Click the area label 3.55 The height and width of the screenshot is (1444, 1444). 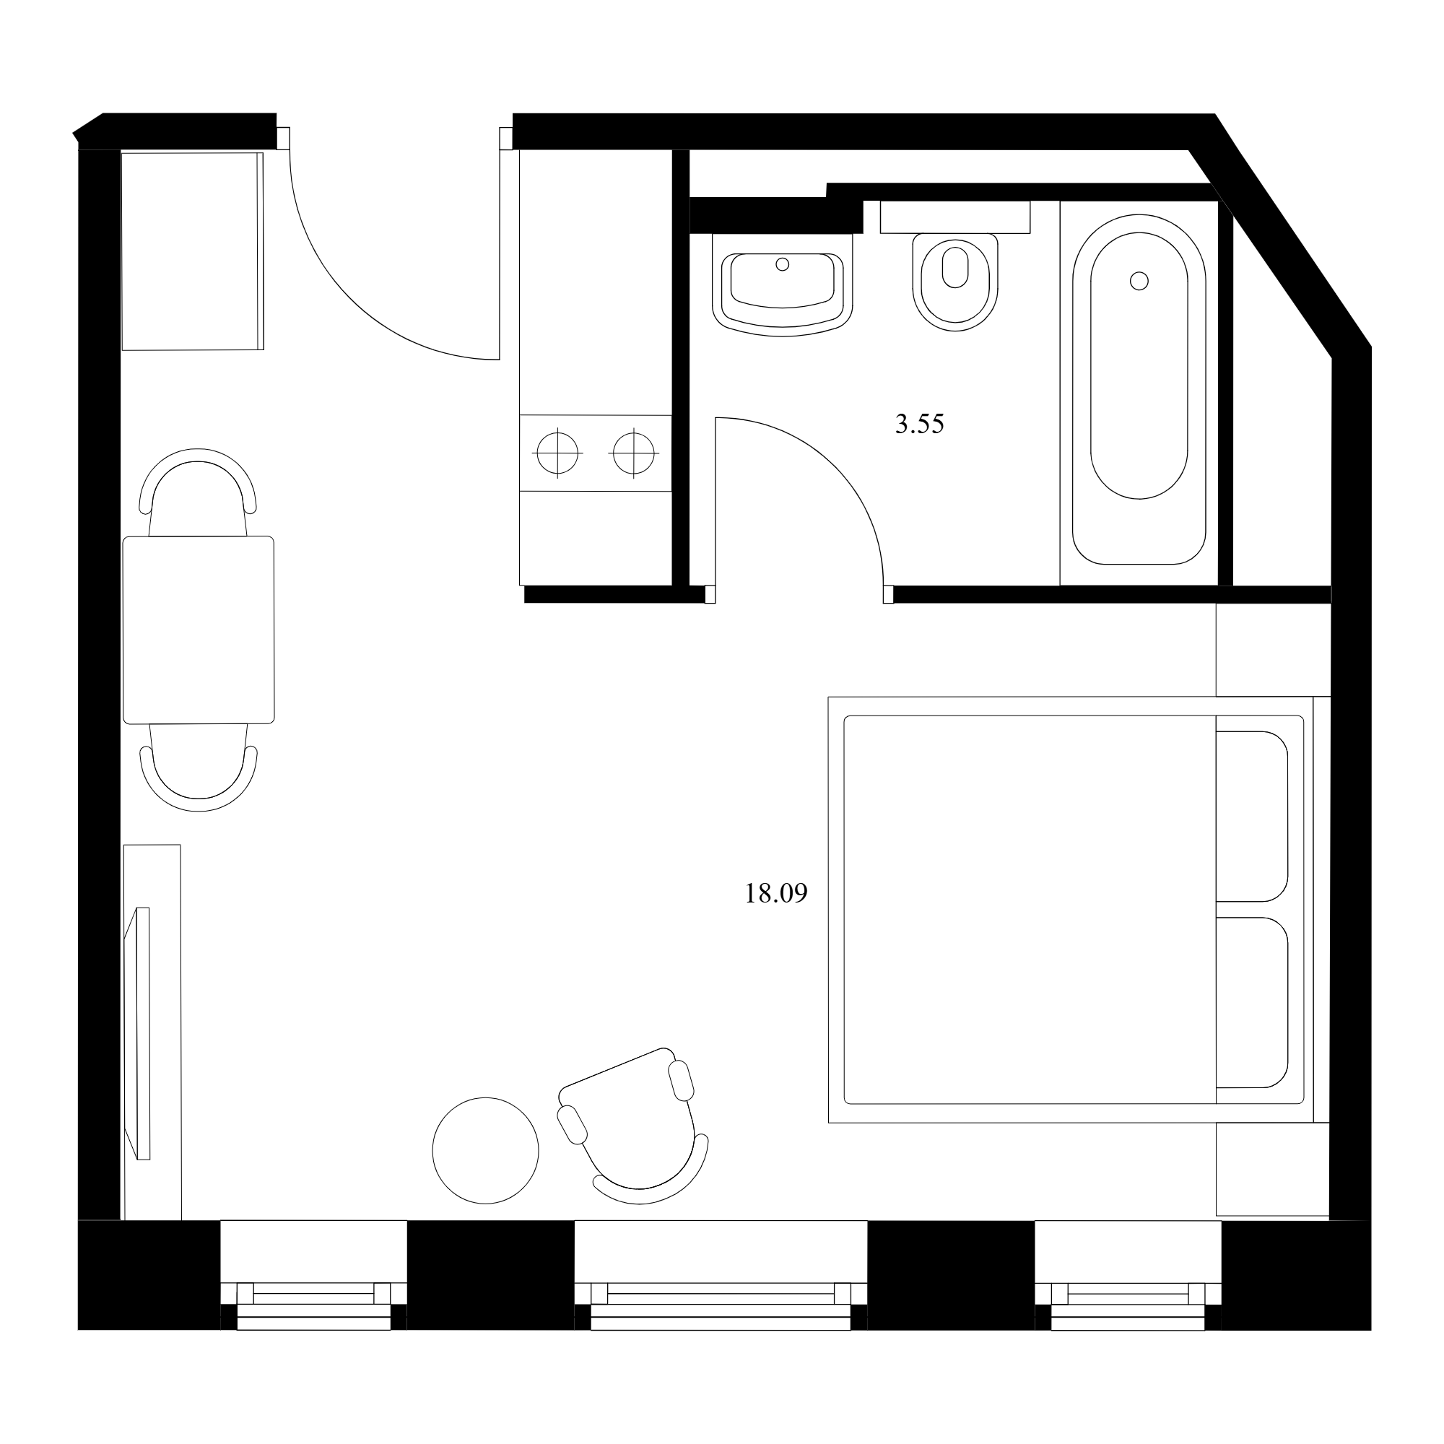(919, 425)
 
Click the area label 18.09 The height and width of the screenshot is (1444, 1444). (776, 894)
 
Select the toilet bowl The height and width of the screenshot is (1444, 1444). (955, 282)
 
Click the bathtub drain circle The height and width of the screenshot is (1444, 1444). (1139, 281)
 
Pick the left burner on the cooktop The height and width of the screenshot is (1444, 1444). (557, 453)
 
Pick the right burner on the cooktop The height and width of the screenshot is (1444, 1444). (634, 453)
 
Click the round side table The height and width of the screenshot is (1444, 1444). (486, 1151)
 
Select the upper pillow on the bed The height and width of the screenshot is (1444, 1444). (1252, 817)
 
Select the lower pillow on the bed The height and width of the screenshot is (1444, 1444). (1252, 1002)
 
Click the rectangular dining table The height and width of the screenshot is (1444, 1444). (198, 630)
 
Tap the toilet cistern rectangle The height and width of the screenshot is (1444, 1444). (955, 217)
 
